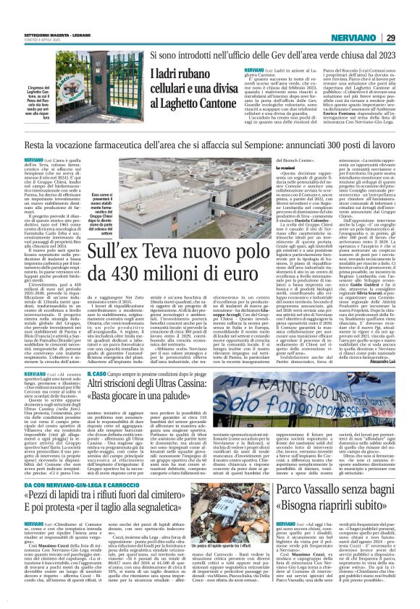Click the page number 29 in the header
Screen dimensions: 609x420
point(409,17)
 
